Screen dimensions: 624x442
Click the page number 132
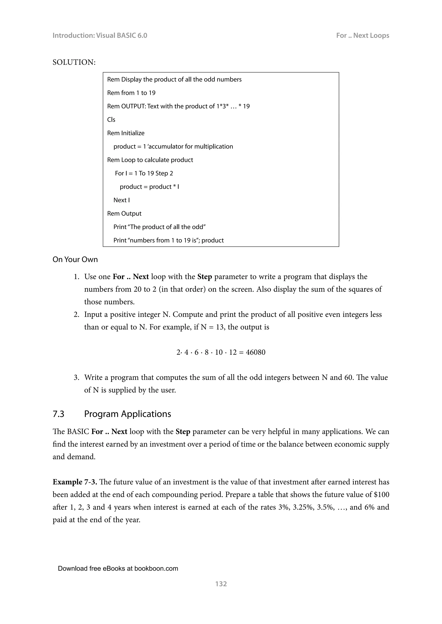[x=221, y=583]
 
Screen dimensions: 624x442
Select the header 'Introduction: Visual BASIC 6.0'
[x=100, y=35]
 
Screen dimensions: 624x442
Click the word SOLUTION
[x=73, y=62]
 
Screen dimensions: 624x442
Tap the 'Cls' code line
[x=111, y=120]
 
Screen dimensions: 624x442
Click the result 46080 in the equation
[x=255, y=352]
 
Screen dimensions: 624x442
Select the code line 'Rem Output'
[x=124, y=213]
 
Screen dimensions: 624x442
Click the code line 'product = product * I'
[x=149, y=187]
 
